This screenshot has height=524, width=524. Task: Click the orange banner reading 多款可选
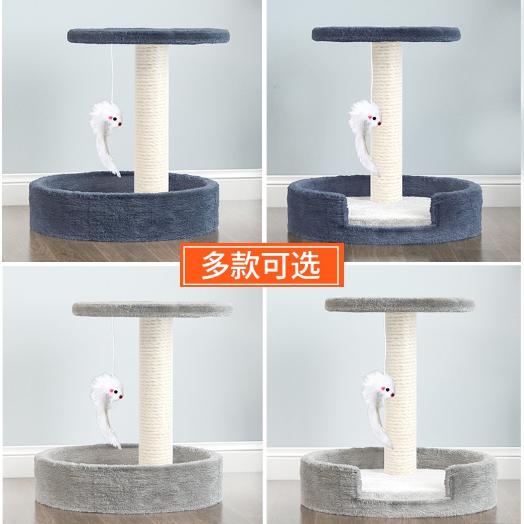(262, 265)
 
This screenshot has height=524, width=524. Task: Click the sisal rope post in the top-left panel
(152, 118)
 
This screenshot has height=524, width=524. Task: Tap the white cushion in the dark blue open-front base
(386, 211)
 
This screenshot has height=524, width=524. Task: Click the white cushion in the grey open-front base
(400, 483)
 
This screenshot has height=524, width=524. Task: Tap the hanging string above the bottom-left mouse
(113, 344)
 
